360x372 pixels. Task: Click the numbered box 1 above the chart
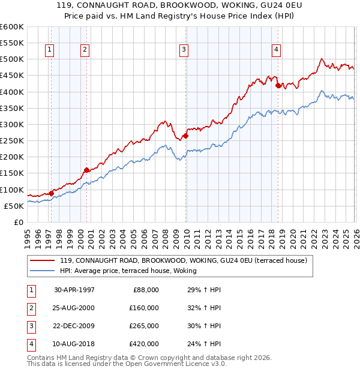click(49, 50)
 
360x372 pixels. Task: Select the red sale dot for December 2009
click(186, 136)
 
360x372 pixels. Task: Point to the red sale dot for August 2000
click(87, 170)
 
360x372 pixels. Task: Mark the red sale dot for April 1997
click(52, 193)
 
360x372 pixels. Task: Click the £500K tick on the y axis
click(11, 59)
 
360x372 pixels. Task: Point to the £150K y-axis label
click(11, 173)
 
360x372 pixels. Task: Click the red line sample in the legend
click(43, 260)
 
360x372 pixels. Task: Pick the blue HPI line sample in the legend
click(43, 271)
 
